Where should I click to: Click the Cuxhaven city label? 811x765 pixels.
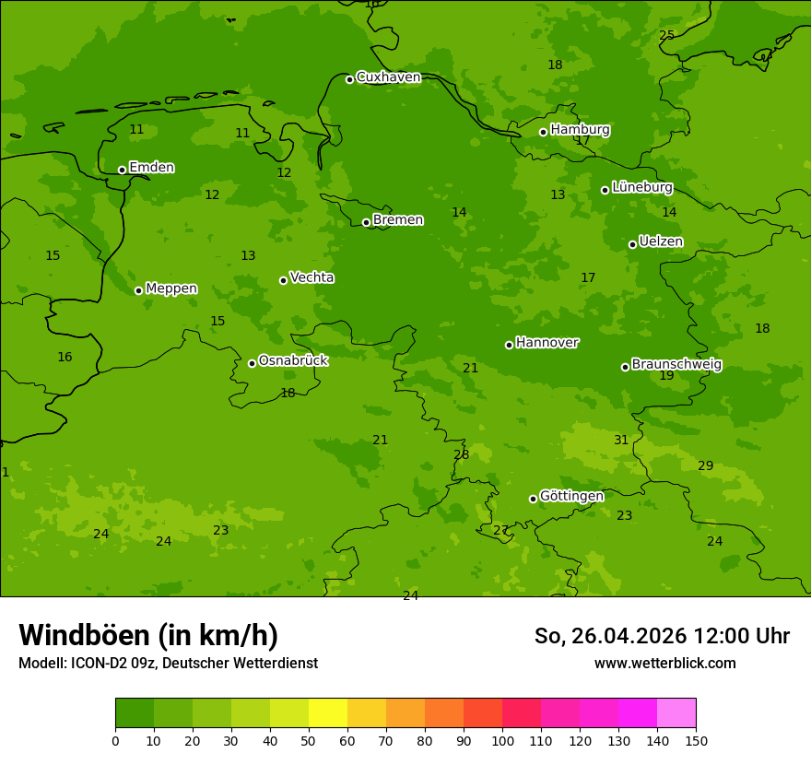coord(388,77)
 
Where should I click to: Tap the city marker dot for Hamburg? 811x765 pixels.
coord(543,132)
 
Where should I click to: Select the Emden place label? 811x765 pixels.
coord(151,168)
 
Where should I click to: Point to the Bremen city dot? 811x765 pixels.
coord(366,222)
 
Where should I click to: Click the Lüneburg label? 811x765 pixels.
coord(642,187)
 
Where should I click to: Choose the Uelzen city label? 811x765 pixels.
coord(661,241)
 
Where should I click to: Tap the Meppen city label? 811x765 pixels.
coord(171,288)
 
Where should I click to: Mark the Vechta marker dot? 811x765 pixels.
coord(283,280)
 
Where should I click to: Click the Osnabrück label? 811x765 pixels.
coord(293,360)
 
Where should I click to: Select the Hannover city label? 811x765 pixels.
coord(547,343)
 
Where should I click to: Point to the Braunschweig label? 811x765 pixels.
coord(676,365)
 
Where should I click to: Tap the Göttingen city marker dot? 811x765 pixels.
coord(533,499)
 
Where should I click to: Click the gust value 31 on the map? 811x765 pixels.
coord(621,441)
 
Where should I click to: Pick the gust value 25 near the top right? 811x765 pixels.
coord(666,36)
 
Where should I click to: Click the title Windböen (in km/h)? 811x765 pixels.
coord(148,635)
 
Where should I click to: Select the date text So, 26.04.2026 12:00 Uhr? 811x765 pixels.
coord(662,636)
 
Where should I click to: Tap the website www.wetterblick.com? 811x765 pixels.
coord(664,663)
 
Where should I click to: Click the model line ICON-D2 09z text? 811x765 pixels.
coord(168,663)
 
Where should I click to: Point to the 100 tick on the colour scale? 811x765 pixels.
coord(502,740)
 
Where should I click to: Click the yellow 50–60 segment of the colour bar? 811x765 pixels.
coord(328,713)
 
